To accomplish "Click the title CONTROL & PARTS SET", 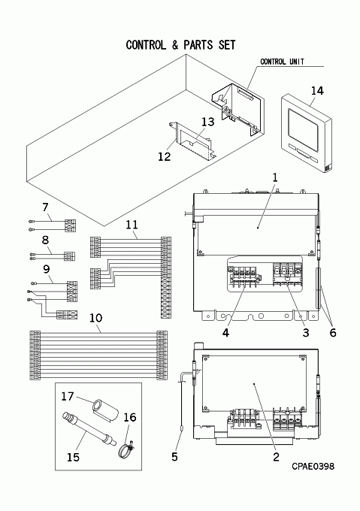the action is [x=180, y=45].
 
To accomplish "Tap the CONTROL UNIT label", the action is [x=282, y=62].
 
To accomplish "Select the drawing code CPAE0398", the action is [x=313, y=466].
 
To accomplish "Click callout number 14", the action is [x=317, y=91].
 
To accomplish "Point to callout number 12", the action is [x=164, y=156].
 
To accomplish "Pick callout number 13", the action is [x=208, y=122].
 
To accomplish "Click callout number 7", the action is [x=45, y=207].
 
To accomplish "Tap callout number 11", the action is [x=132, y=225].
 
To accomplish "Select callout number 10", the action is [x=95, y=318].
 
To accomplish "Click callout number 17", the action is [x=68, y=396].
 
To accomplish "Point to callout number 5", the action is [x=174, y=457].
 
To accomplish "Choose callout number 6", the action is [x=333, y=333].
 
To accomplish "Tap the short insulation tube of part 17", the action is [x=105, y=410].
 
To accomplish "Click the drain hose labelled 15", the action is [x=89, y=430].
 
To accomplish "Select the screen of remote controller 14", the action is [x=303, y=130].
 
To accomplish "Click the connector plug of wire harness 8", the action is [x=69, y=256].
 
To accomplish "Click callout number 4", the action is [x=225, y=333].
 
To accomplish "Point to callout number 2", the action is [x=276, y=457].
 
